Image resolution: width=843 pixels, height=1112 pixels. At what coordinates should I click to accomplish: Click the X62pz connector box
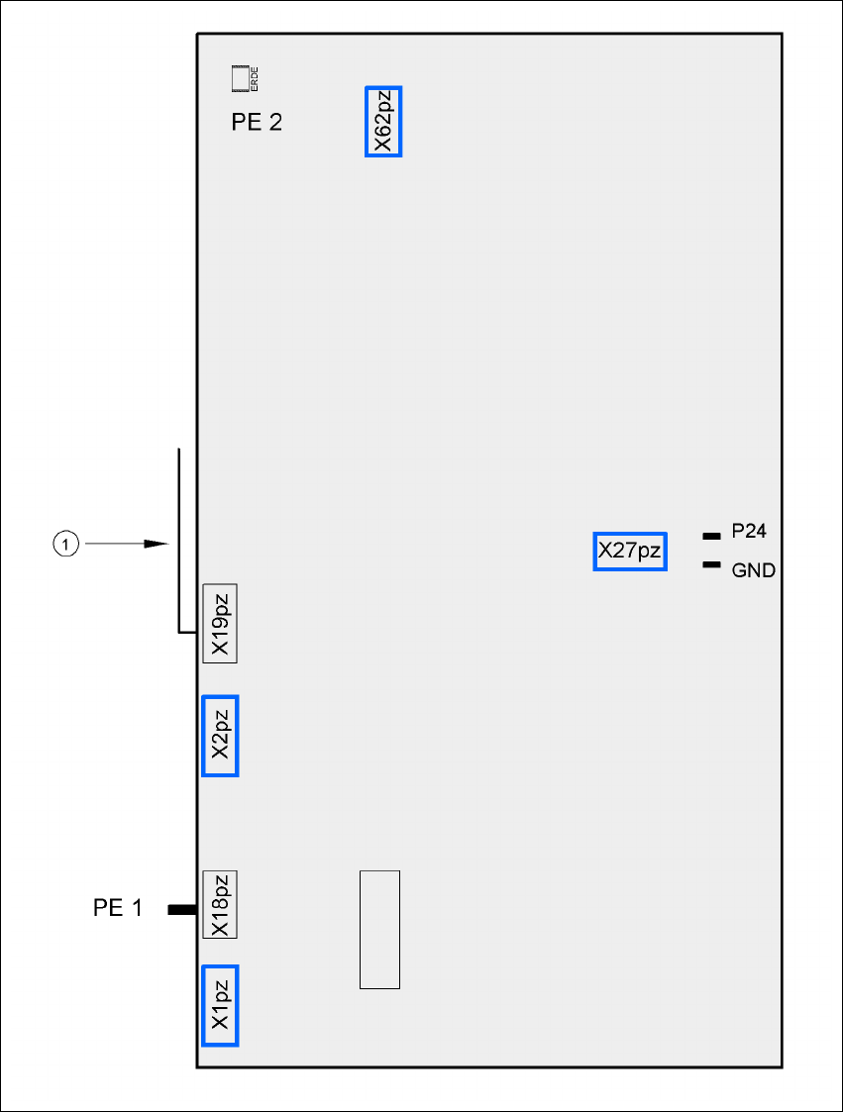[383, 122]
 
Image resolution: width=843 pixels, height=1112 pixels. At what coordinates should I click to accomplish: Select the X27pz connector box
[629, 551]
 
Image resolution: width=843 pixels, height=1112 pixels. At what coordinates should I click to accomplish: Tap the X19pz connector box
[220, 623]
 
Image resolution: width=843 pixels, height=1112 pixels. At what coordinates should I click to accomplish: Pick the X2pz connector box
[220, 736]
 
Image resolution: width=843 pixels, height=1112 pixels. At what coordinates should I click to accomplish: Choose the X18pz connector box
[220, 904]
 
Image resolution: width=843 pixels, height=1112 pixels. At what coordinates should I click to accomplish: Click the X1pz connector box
[220, 1005]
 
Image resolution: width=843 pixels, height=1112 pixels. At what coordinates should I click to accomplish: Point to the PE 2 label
[257, 123]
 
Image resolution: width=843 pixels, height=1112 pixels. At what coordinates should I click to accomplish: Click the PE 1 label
[118, 908]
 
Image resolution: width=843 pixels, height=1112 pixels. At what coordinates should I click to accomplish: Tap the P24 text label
[749, 532]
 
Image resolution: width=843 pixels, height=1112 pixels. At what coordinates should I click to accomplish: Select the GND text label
[753, 571]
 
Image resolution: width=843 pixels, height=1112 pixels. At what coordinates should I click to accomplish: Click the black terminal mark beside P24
[710, 536]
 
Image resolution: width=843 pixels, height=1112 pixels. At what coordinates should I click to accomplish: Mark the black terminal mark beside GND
[710, 565]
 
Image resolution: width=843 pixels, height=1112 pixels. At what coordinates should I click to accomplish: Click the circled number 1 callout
[64, 544]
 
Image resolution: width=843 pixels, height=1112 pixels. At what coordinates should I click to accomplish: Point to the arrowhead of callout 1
[156, 544]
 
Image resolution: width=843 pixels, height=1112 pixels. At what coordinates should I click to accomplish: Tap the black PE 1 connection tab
[181, 909]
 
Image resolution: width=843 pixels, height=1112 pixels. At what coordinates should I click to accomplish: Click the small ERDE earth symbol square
[241, 77]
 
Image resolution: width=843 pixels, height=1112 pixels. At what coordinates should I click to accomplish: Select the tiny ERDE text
[256, 78]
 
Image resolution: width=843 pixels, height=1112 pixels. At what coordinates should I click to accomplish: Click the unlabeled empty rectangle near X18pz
[379, 929]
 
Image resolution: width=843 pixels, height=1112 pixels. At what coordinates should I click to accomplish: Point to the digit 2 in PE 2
[273, 123]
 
